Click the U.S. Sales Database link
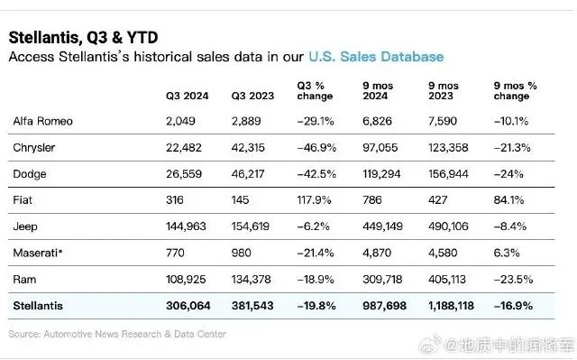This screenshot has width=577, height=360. pos(376,57)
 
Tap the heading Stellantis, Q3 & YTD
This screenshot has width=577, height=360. pos(84,38)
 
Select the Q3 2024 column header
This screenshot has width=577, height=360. pos(187,96)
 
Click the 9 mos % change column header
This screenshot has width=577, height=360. pos(515,91)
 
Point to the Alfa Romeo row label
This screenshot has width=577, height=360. pos(42,121)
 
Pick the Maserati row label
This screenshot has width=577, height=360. pos(38,253)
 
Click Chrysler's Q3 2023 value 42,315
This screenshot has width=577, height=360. pos(248,148)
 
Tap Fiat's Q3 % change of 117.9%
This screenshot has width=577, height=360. pos(314,200)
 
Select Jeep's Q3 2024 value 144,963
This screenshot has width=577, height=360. pos(186,226)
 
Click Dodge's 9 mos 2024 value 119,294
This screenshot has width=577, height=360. pos(381,174)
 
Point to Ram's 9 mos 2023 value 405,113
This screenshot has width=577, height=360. pos(447,280)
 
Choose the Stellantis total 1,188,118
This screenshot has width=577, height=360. pos(451,306)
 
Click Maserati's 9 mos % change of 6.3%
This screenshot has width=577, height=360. pos(507,253)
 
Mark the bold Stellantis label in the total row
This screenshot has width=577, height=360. pos(38,306)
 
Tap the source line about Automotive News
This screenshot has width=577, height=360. pos(117,334)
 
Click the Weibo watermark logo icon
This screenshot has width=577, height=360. pos(430,344)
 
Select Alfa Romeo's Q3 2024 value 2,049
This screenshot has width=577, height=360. pos(180,121)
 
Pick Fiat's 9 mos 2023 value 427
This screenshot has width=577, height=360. pos(437,200)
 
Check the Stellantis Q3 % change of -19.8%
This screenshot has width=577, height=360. pos(316,306)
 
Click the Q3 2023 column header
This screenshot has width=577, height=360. pos(252,96)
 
